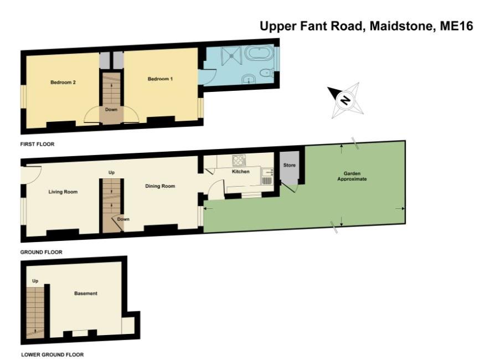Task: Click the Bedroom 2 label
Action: click(63, 82)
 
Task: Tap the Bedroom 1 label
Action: click(160, 79)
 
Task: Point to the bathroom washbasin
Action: click(249, 79)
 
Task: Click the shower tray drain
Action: click(231, 55)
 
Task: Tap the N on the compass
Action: click(345, 100)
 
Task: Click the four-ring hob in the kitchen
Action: click(239, 160)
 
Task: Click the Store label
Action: click(290, 165)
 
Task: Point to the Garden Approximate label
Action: click(352, 176)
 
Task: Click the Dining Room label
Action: click(160, 186)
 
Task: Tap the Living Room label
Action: click(63, 192)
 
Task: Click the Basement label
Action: click(86, 293)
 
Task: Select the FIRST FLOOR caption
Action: click(37, 144)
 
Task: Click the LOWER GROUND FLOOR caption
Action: click(52, 354)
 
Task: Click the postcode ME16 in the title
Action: click(457, 26)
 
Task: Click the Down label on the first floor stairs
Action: click(111, 109)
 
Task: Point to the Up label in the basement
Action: click(35, 281)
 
